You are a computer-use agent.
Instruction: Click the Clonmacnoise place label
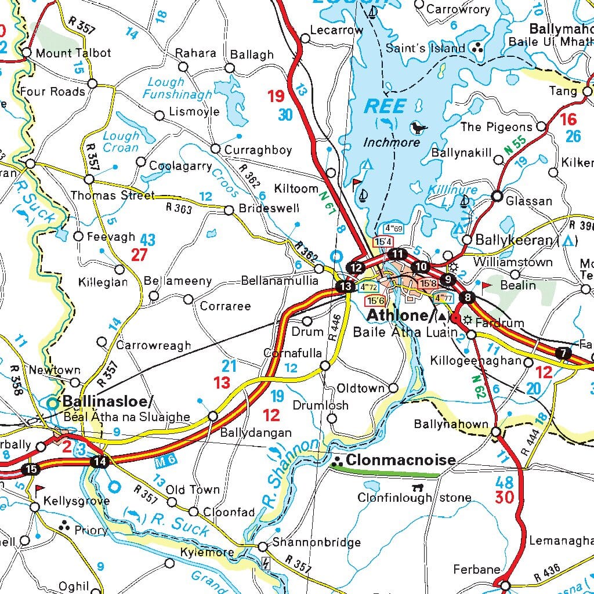(400, 460)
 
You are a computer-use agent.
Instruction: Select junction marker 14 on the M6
(99, 462)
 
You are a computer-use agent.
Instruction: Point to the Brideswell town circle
(229, 209)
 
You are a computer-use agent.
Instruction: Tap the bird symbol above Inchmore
(418, 128)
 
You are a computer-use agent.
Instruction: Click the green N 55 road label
(515, 147)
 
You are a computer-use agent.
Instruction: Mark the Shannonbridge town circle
(262, 546)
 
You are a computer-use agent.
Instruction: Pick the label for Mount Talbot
(73, 53)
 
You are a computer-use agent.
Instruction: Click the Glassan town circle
(497, 196)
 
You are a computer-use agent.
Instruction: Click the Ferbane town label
(476, 570)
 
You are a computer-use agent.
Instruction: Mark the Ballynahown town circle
(496, 432)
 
